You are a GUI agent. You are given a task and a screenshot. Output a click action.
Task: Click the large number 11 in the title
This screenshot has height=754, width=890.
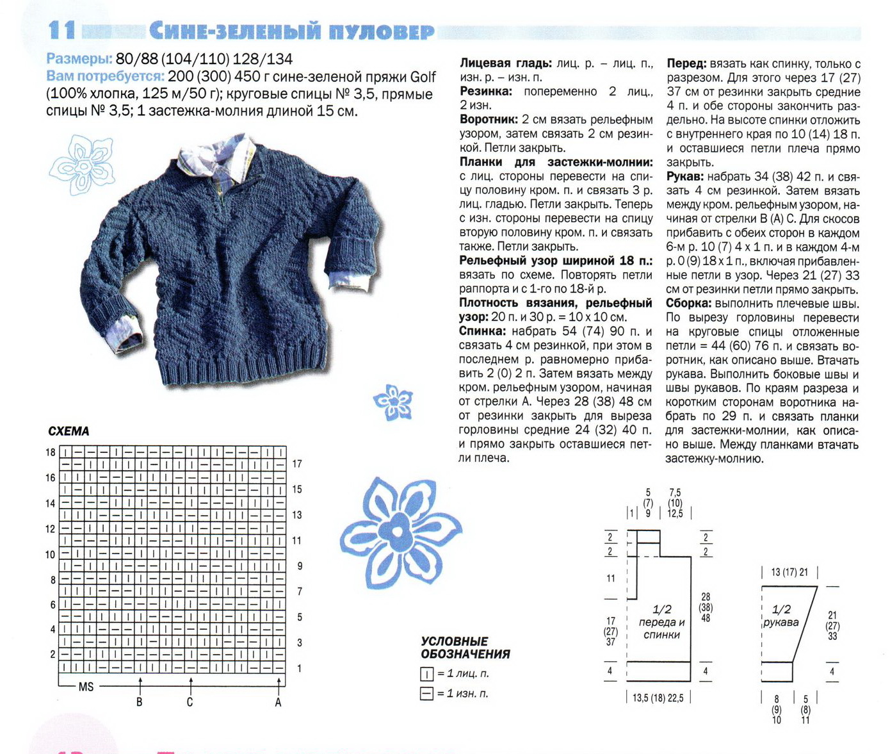pos(62,30)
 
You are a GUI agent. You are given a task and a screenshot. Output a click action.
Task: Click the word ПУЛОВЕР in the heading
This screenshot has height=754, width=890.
pos(382,31)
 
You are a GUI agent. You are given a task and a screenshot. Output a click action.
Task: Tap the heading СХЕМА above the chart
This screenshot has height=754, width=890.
pos(69,431)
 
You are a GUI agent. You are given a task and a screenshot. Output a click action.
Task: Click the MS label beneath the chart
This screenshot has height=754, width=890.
pos(86,687)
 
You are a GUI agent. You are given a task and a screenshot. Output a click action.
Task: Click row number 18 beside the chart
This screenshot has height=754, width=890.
pos(50,452)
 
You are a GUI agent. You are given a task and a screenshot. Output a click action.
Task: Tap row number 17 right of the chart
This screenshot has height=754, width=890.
pos(297,464)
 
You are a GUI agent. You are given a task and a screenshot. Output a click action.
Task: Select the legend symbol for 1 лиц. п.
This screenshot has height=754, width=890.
pos(427,674)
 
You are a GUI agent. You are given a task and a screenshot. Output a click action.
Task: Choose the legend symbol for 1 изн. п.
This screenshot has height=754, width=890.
pos(427,693)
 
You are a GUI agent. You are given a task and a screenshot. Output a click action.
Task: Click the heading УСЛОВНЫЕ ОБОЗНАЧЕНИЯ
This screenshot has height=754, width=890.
pos(465,648)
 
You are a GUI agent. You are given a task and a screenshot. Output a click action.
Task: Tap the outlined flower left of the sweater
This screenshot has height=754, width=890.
pos(83,164)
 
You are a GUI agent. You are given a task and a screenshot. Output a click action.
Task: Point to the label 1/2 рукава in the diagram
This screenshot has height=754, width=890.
pos(781,616)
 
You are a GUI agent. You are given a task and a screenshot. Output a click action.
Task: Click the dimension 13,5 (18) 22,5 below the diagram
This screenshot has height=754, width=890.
pos(658,698)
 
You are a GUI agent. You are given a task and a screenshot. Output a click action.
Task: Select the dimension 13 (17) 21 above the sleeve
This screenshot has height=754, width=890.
pos(789,572)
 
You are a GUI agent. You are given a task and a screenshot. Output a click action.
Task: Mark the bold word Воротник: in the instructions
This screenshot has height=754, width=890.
pos(489,120)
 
